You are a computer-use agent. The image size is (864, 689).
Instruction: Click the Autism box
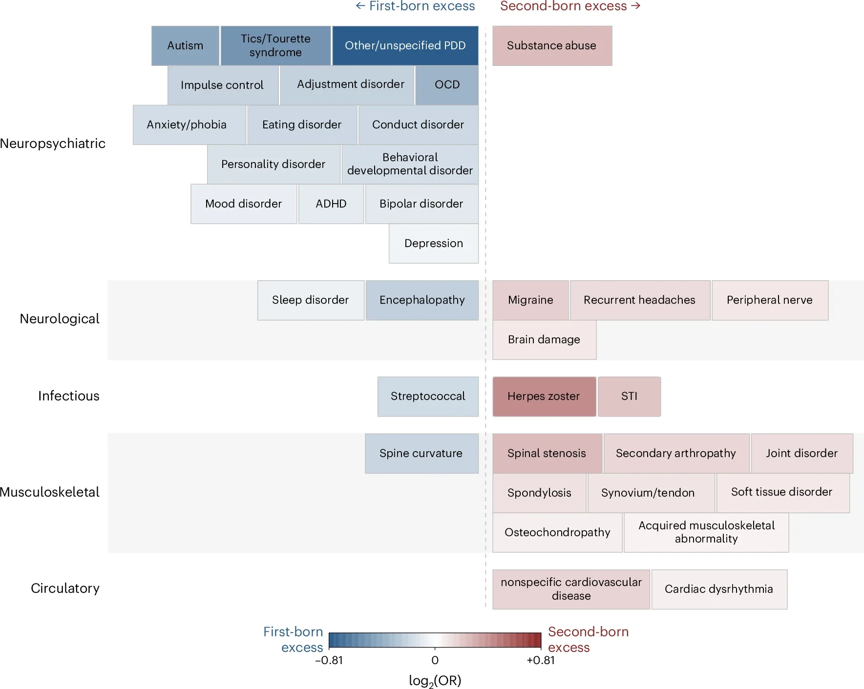(x=185, y=45)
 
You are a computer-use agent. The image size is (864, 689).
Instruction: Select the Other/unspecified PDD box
(x=405, y=45)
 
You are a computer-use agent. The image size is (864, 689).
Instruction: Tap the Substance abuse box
(x=552, y=45)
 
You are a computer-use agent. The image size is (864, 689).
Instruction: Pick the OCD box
(x=447, y=85)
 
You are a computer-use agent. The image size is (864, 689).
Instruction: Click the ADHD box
(x=331, y=204)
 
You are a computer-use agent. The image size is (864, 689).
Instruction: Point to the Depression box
(x=434, y=243)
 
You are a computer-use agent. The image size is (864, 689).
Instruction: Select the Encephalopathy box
(x=422, y=300)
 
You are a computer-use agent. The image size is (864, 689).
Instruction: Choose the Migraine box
(x=530, y=300)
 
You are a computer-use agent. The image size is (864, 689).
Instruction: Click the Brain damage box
(x=544, y=339)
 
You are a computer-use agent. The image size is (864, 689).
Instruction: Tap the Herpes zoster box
(x=544, y=396)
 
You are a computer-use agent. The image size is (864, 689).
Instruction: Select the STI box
(x=629, y=396)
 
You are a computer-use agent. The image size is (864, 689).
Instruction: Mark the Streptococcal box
(x=428, y=396)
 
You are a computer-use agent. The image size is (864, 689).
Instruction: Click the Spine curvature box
(x=421, y=453)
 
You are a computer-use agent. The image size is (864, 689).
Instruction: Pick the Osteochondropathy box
(x=557, y=532)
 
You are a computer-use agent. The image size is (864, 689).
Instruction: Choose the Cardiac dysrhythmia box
(x=719, y=589)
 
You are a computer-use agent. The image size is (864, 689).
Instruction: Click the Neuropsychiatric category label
(x=53, y=144)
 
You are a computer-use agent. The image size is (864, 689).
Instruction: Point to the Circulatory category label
(x=65, y=588)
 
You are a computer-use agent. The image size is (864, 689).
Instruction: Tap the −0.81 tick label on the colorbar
(x=329, y=660)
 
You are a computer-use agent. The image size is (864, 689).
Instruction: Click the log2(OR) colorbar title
(x=435, y=681)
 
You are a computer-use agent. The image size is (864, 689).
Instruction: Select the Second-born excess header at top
(x=570, y=6)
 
